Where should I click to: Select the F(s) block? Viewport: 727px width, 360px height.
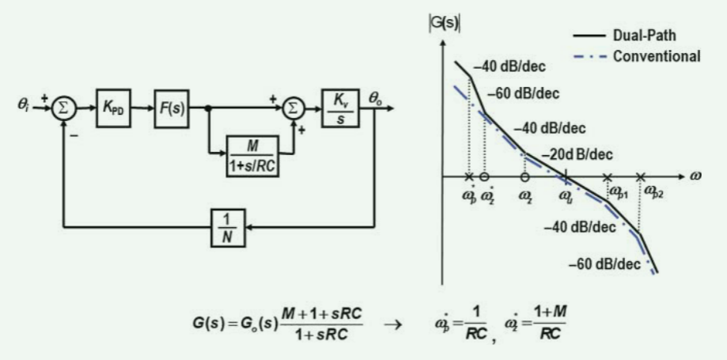tap(174, 108)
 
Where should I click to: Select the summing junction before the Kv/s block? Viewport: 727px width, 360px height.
tap(293, 108)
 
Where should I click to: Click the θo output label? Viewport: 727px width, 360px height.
tap(376, 93)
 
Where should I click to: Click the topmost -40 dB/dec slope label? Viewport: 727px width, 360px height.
tap(509, 68)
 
